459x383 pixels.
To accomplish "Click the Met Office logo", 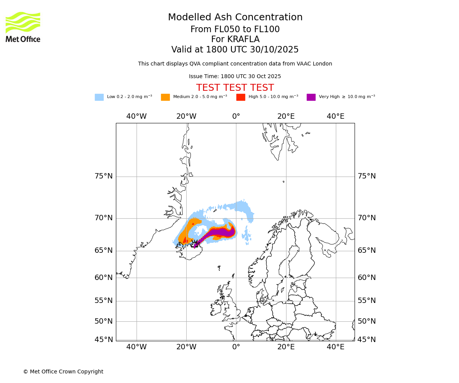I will pyautogui.click(x=23, y=27).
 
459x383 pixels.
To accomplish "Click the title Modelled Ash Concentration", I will pyautogui.click(x=235, y=18).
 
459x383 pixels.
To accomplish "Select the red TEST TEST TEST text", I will pyautogui.click(x=235, y=88).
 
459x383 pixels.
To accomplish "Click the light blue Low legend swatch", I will pyautogui.click(x=99, y=97).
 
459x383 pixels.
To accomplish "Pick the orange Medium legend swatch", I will pyautogui.click(x=165, y=97).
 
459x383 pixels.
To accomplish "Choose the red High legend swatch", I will pyautogui.click(x=241, y=97).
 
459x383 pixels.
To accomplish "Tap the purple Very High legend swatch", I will pyautogui.click(x=311, y=97).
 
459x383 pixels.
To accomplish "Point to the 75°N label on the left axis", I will pyautogui.click(x=104, y=176).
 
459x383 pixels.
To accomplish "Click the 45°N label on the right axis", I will pyautogui.click(x=366, y=340).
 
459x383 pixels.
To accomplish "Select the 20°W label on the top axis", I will pyautogui.click(x=186, y=116).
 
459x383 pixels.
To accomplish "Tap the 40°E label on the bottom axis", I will pyautogui.click(x=335, y=347).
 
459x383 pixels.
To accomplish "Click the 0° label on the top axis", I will pyautogui.click(x=236, y=116).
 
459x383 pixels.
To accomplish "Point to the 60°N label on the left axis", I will pyautogui.click(x=104, y=278).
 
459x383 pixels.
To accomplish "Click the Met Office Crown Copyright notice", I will pyautogui.click(x=63, y=372).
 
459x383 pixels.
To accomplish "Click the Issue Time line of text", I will pyautogui.click(x=235, y=77).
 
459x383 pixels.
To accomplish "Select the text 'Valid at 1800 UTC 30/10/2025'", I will pyautogui.click(x=235, y=50).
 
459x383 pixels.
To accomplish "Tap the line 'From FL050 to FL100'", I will pyautogui.click(x=235, y=29).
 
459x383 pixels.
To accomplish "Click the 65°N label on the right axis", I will pyautogui.click(x=366, y=250).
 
